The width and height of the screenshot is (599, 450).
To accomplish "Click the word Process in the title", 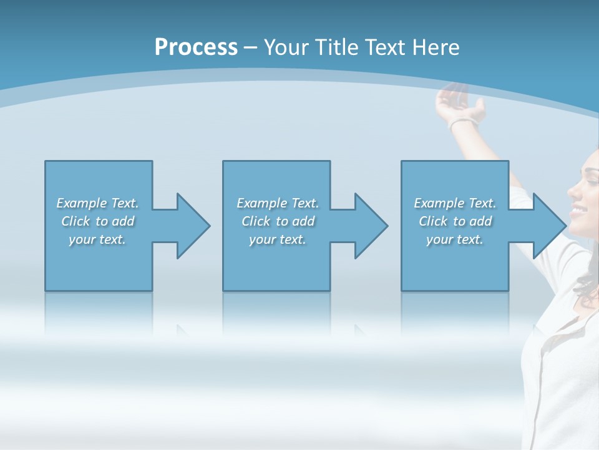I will (x=196, y=47).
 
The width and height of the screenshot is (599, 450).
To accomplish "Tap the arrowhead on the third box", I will (x=548, y=226).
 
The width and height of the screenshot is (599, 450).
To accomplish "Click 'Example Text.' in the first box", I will (x=98, y=203).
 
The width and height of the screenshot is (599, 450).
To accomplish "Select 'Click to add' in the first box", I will (x=98, y=221).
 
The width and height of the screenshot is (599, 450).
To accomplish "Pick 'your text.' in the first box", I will (x=98, y=239).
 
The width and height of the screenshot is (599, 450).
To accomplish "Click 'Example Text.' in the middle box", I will (x=278, y=203).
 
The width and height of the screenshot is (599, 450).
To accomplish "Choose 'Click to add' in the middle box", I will (x=278, y=221).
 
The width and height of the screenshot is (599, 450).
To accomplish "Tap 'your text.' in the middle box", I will (x=278, y=239).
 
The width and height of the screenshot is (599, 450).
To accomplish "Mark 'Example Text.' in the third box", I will (x=455, y=203).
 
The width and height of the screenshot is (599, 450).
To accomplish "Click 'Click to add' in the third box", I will (x=455, y=221).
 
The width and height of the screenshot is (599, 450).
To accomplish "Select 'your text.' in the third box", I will (x=455, y=239).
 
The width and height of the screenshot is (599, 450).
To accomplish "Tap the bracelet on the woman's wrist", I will (x=462, y=122).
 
